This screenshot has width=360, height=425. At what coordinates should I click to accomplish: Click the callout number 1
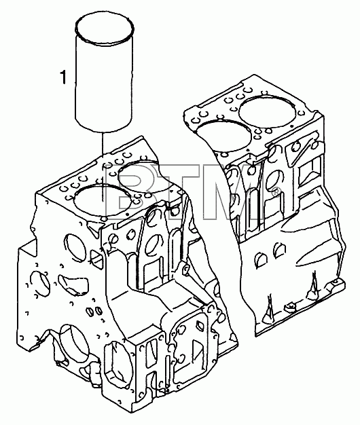pos(63,77)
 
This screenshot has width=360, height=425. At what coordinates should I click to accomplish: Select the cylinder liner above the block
pos(104,73)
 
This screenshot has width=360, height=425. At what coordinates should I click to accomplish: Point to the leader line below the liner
pos(103,166)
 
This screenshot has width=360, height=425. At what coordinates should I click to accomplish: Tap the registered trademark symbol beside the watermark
pos(275,191)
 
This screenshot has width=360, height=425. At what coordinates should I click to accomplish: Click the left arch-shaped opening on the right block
pos(261,260)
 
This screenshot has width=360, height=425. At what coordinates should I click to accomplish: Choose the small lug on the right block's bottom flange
pos(289,307)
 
